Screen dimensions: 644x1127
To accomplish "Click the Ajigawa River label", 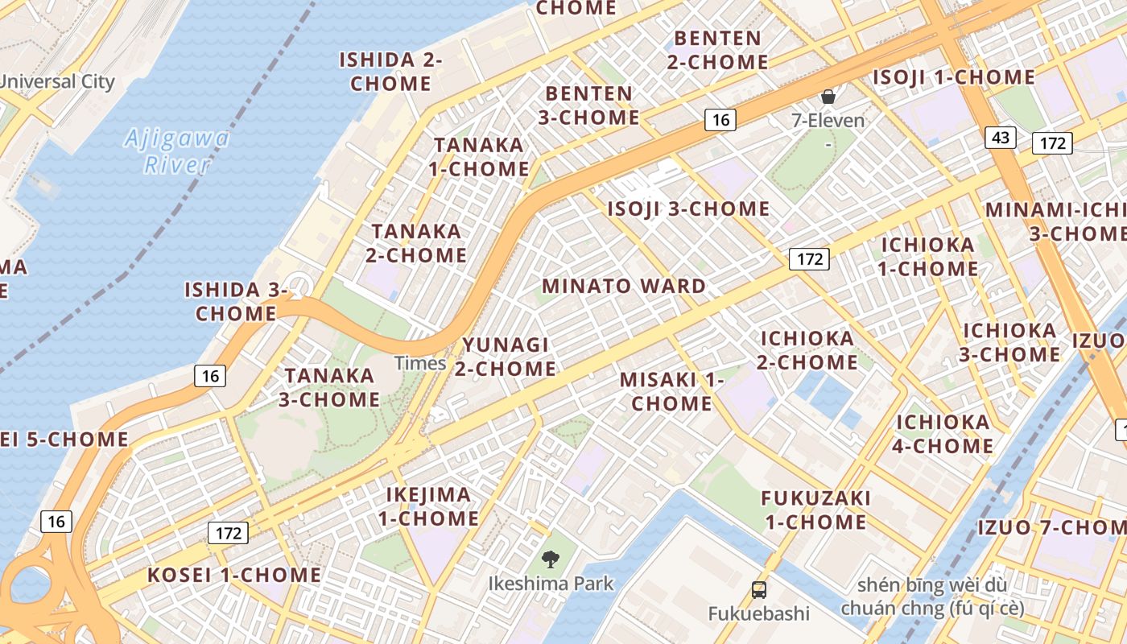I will pos(177,151).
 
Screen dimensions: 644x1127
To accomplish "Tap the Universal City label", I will pos(57,81).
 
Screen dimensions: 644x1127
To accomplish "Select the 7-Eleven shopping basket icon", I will pos(828,97).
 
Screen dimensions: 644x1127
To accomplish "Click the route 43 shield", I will pos(1001,138).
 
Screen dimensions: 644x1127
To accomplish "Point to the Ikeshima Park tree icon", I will pos(551,558).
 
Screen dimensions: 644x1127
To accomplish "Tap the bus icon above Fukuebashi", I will pos(758,589).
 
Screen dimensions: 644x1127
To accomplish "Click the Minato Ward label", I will pos(624,286).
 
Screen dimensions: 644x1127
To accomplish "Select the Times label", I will pos(420,363).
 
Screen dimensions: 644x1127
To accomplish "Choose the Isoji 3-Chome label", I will pos(688,209).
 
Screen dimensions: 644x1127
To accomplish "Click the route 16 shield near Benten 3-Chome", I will pos(720,120).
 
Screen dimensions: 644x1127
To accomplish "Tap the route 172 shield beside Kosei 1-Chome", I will pos(229,532).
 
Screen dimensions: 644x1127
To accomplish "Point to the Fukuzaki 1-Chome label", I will pos(815,510).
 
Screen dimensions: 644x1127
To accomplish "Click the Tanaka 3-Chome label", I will pos(329,387).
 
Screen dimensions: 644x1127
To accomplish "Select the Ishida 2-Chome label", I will pos(390,71).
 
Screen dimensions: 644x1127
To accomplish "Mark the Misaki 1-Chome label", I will pos(672,391).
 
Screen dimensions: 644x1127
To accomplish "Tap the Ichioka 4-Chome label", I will pos(943,434).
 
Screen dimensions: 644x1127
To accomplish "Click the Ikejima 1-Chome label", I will pos(429,506).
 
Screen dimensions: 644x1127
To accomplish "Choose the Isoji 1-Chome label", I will pos(954,77).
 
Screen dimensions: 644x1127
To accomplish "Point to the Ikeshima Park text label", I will pos(551,584).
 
